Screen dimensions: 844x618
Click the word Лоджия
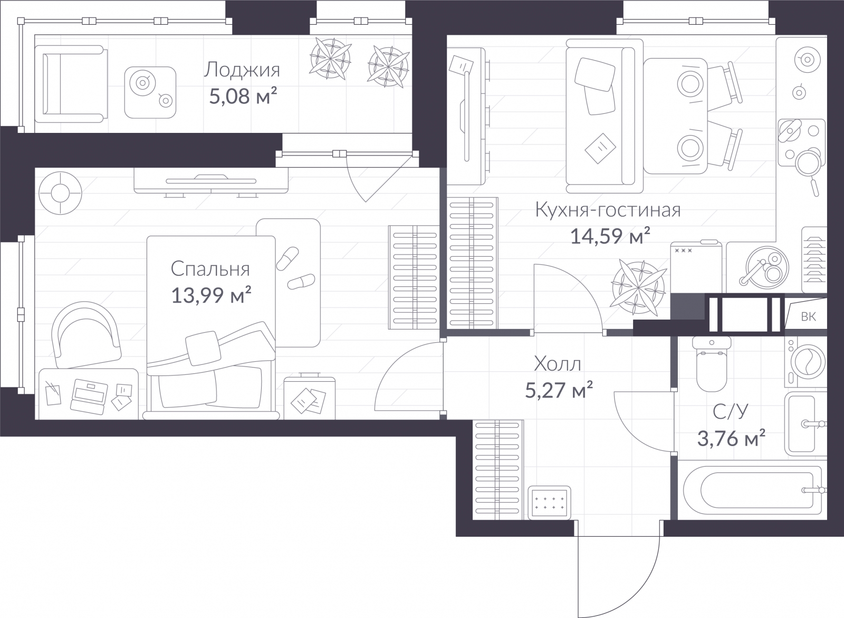pos(242,71)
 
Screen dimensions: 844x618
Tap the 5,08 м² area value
pos(243,96)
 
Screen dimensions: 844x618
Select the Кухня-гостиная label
pos(608,210)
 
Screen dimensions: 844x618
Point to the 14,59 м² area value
pos(610,236)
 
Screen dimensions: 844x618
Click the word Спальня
pos(210,269)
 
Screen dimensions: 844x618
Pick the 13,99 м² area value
pos(211,295)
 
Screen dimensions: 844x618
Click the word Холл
pos(558,364)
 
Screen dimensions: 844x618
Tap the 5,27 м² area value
pos(559,390)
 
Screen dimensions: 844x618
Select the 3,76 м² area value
pos(731,438)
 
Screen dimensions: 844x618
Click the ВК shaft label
pos(808,317)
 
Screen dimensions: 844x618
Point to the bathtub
pos(752,490)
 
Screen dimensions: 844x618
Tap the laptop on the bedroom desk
pos(89,397)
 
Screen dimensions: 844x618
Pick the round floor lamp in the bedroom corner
pos(60,193)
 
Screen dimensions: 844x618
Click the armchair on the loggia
pos(71,84)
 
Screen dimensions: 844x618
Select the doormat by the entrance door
pos(549,503)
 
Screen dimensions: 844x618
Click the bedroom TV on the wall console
pos(211,181)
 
